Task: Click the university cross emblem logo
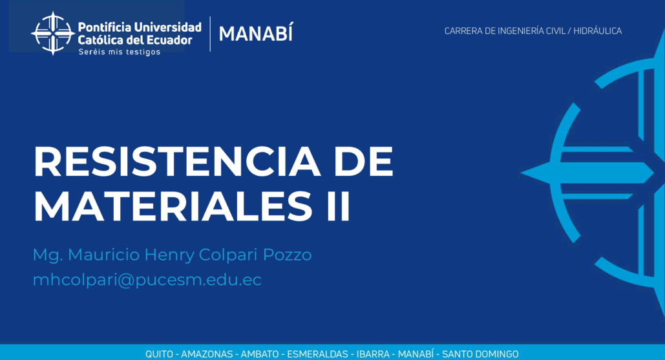pos(53,34)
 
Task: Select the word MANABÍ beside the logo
pos(256,33)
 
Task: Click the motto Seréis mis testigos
pos(120,52)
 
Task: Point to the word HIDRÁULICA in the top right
pos(598,30)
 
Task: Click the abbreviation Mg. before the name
pos(48,255)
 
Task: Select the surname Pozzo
pos(287,255)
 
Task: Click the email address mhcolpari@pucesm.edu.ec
pos(147,280)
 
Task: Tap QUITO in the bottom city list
pos(159,354)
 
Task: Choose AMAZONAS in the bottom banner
pos(207,354)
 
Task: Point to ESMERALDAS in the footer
pos(317,354)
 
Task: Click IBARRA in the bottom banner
pos(373,354)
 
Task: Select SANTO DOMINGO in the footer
pos(480,354)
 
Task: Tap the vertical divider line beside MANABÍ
pos(210,34)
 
